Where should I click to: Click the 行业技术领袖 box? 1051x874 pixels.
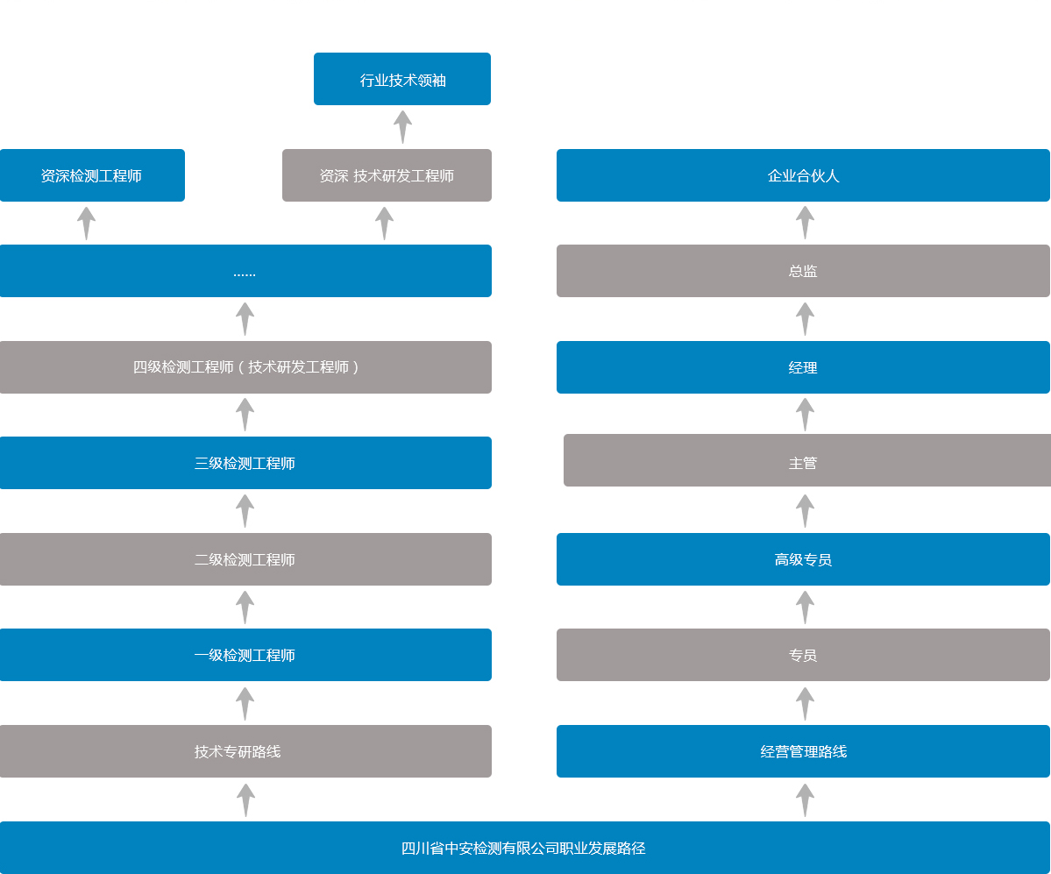402,79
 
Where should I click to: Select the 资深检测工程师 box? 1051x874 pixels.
92,175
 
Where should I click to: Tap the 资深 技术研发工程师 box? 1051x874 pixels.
387,175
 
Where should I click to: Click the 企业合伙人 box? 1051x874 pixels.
803,175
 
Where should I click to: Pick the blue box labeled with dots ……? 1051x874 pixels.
245,271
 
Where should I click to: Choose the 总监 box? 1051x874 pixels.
803,271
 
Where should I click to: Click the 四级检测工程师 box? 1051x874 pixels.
245,367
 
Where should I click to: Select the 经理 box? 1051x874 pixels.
803,367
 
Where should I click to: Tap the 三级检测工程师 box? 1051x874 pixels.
245,463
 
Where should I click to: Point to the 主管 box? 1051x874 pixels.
807,460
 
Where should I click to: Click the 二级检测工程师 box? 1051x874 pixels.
245,559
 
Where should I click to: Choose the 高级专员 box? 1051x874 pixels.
803,559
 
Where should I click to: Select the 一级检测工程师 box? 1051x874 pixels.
245,655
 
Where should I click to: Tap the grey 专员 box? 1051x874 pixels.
803,655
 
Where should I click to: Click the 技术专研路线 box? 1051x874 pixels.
245,751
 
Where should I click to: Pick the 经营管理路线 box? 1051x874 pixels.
803,751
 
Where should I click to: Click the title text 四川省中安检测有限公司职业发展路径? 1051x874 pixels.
523,849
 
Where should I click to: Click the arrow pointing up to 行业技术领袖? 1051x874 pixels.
402,127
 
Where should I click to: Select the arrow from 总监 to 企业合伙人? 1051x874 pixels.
805,224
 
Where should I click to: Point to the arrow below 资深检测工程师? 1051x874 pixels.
87,224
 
